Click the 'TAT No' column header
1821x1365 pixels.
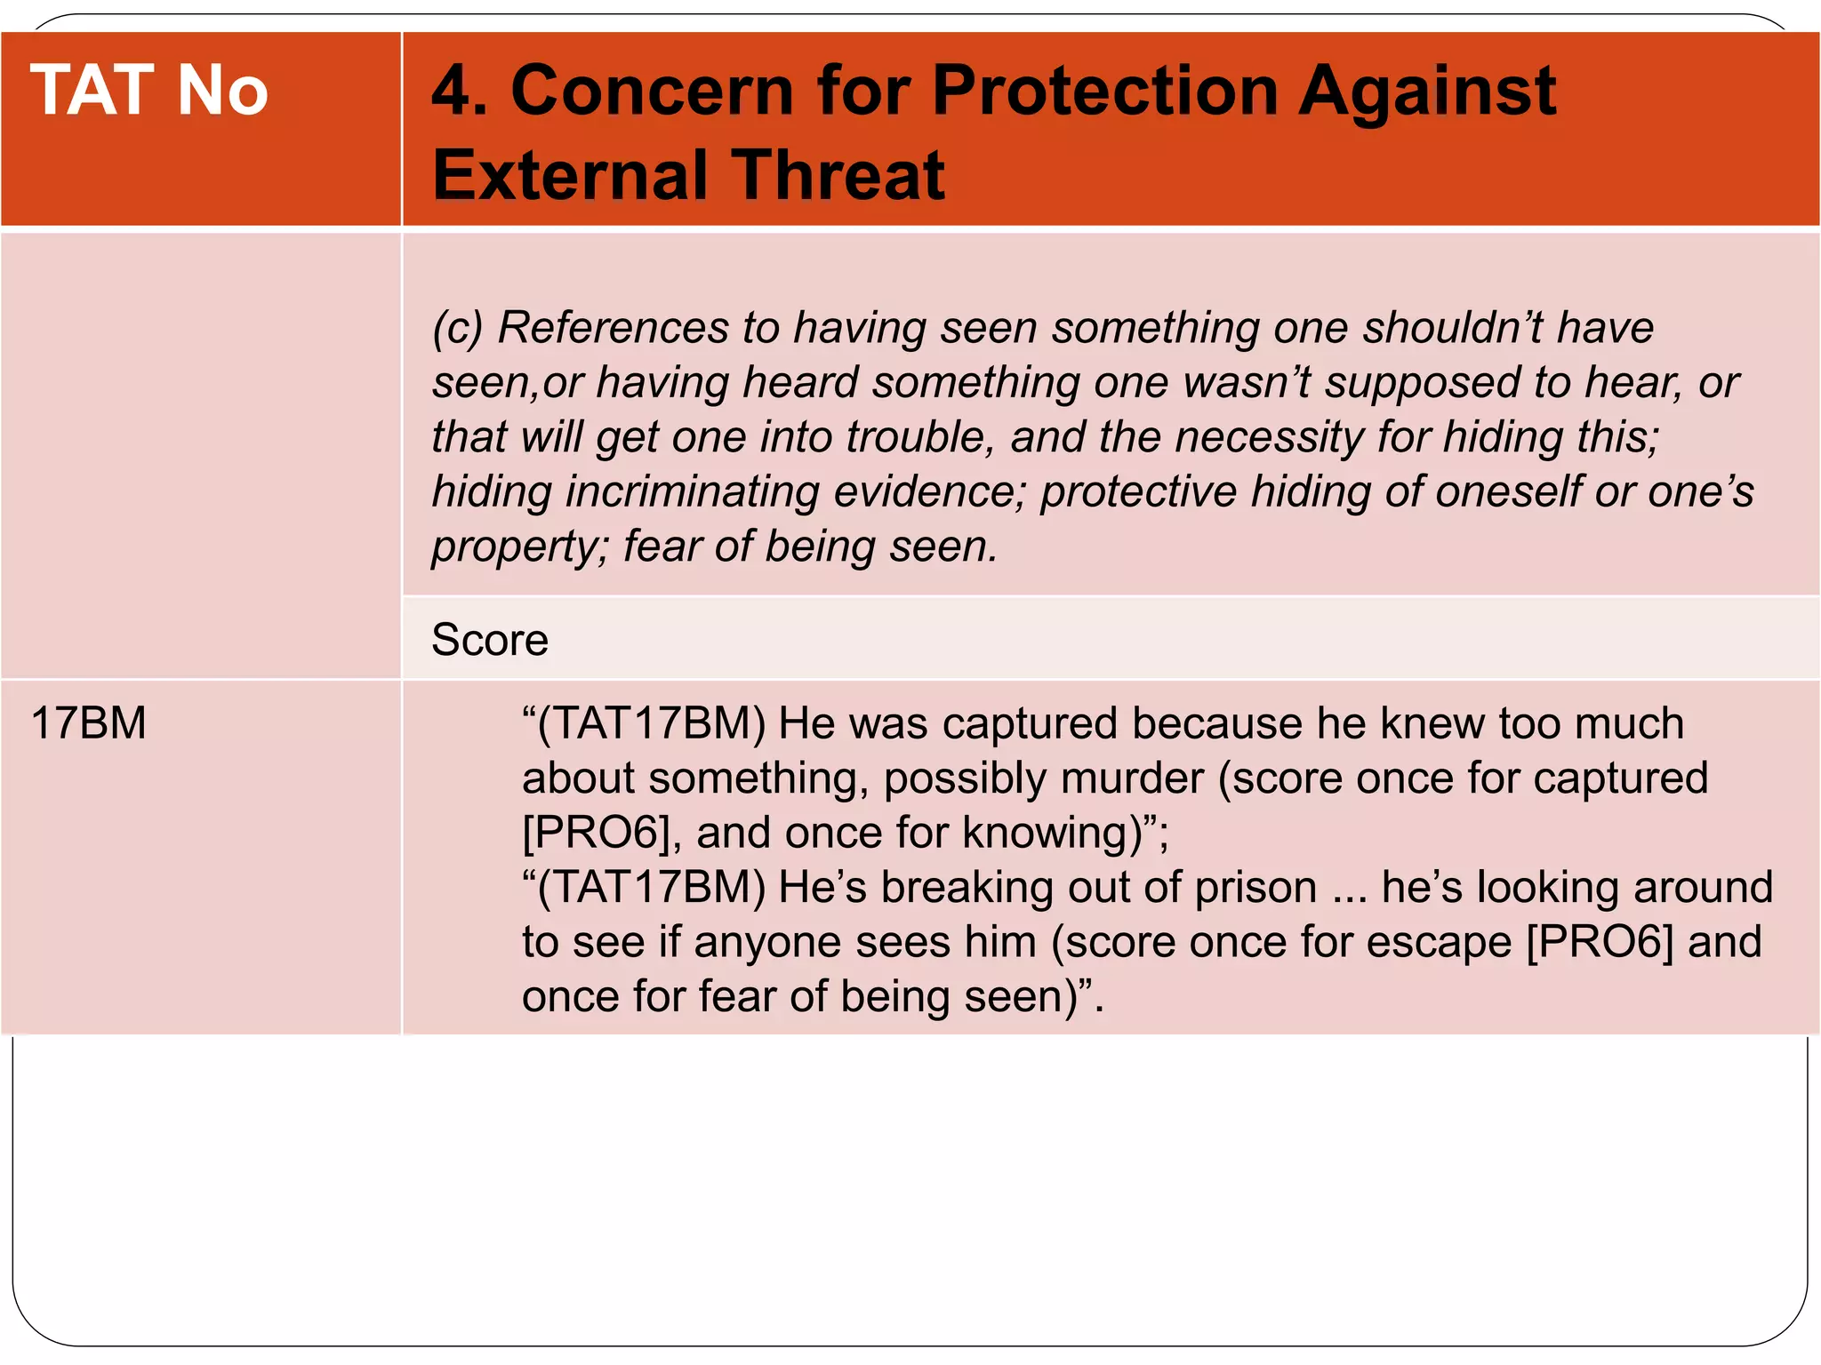149,91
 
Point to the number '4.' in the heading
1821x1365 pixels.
459,91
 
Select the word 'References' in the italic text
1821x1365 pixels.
613,327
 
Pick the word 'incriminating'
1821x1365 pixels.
692,491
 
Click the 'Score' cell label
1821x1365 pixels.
490,640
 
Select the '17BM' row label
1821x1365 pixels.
88,722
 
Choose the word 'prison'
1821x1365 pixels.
1255,888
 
